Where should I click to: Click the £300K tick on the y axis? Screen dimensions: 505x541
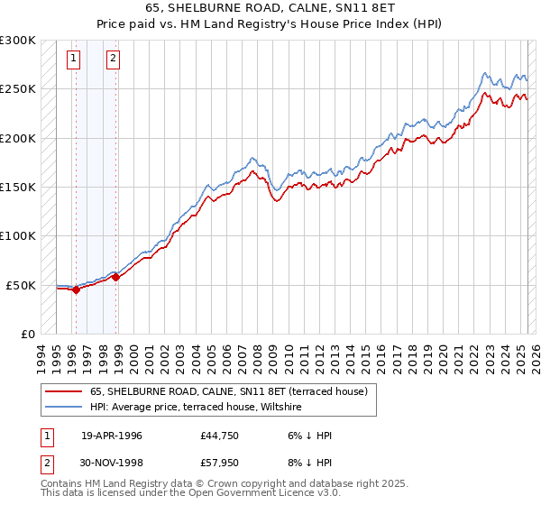click(x=18, y=41)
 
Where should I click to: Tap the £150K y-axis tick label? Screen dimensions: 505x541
click(x=18, y=188)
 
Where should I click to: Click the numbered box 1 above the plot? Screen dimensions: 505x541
click(x=73, y=60)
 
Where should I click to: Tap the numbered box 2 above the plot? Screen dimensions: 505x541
click(x=113, y=60)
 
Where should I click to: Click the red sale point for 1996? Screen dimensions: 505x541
click(x=76, y=290)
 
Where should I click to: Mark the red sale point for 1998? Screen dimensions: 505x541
click(x=116, y=277)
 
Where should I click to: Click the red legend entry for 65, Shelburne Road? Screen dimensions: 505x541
click(x=228, y=392)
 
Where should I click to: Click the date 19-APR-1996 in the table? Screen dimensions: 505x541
click(x=111, y=436)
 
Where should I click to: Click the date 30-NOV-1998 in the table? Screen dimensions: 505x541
click(x=112, y=465)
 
